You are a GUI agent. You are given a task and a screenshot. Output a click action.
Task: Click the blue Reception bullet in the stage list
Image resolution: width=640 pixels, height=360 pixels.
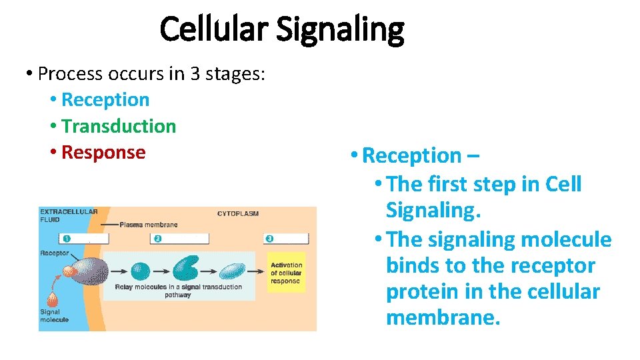pos(105,100)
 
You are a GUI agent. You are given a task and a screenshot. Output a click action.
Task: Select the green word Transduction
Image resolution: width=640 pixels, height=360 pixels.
pos(119,126)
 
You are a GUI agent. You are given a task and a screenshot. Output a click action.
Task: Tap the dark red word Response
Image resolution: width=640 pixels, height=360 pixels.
pos(103,152)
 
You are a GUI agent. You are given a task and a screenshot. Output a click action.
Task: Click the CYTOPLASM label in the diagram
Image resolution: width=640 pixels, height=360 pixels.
pos(238,214)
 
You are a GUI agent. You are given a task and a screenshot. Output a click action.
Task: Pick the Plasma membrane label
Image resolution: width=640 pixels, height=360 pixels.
pos(149,225)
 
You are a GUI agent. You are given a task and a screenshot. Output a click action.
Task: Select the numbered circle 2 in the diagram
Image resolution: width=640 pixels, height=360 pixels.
pos(158,239)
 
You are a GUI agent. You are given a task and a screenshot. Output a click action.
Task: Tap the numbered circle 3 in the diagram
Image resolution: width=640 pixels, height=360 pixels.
pos(269,239)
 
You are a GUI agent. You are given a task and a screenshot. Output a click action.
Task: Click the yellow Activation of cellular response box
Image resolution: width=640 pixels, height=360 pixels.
pos(286,273)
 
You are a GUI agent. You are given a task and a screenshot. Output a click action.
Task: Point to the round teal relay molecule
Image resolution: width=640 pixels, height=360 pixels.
pos(140,271)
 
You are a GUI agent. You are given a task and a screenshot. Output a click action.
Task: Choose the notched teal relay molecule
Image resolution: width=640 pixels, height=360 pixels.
pos(186,269)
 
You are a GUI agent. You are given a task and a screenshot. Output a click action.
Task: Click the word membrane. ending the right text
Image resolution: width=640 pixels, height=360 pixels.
pos(443,318)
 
